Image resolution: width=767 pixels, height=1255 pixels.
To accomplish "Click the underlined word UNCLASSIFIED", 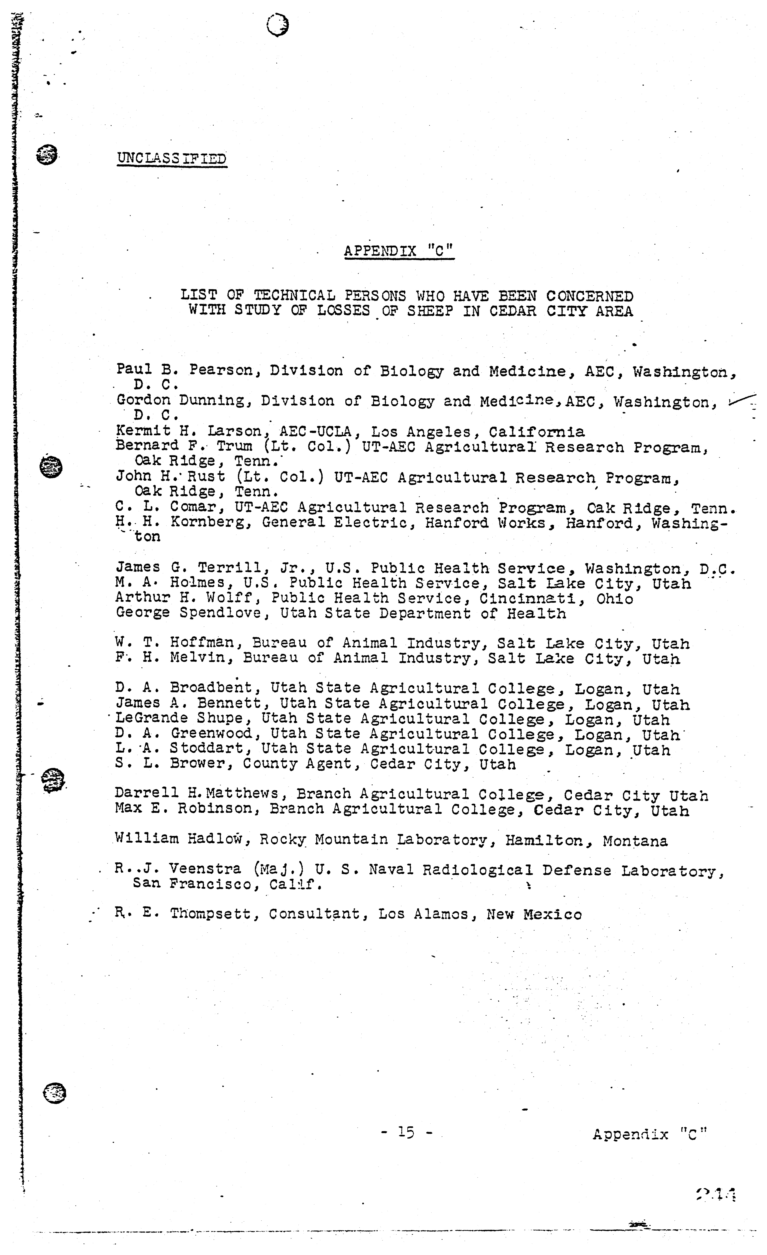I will (172, 158).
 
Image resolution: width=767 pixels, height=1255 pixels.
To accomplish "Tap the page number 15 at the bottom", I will (406, 1132).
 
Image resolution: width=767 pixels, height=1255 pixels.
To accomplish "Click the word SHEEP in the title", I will (430, 311).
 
